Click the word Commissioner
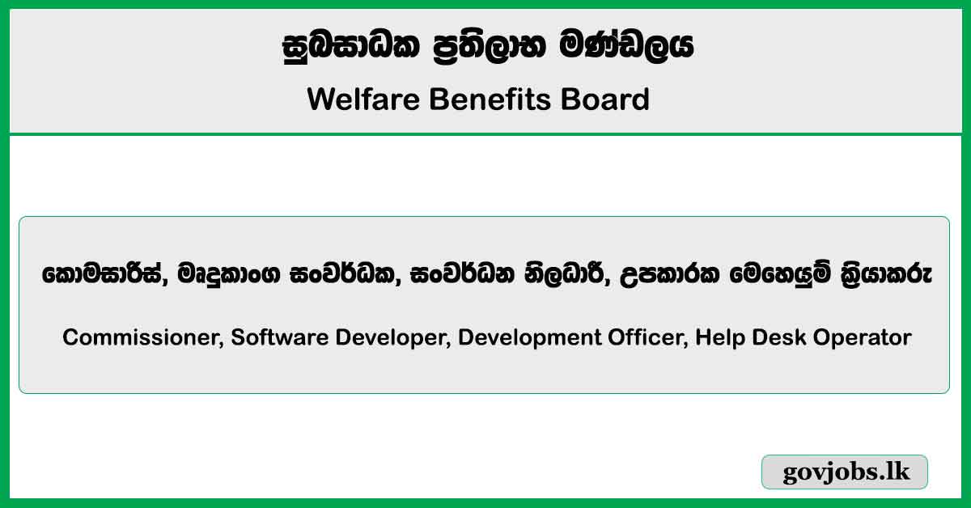[142, 337]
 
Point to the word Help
[717, 337]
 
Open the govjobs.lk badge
[845, 472]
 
